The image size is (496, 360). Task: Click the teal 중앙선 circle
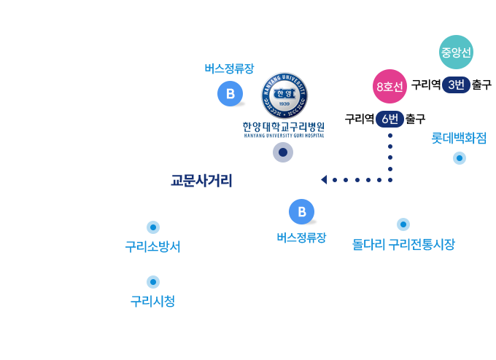[x=456, y=52]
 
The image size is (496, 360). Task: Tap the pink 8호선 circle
[x=390, y=86]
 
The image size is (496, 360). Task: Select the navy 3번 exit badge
[x=456, y=85]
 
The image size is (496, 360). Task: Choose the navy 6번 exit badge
[x=390, y=120]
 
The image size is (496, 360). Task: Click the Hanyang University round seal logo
[x=284, y=95]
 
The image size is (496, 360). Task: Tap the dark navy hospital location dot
[x=283, y=152]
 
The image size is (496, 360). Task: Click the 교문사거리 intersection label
[x=201, y=181]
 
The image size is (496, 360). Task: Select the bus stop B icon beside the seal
[x=230, y=93]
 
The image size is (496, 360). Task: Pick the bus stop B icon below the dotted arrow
[x=302, y=211]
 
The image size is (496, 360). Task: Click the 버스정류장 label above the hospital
[x=229, y=69]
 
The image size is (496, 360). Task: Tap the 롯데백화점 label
[x=459, y=138]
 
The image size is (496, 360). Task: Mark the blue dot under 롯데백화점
[x=460, y=158]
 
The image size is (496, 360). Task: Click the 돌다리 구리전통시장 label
[x=403, y=244]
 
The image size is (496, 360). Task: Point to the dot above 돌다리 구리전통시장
[x=403, y=224]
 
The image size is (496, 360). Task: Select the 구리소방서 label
[x=152, y=247]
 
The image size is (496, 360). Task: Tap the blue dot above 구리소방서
[x=153, y=227]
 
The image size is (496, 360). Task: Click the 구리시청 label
[x=152, y=301]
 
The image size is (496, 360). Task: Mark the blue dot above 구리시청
[x=153, y=282]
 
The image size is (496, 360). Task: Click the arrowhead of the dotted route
[x=324, y=180]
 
